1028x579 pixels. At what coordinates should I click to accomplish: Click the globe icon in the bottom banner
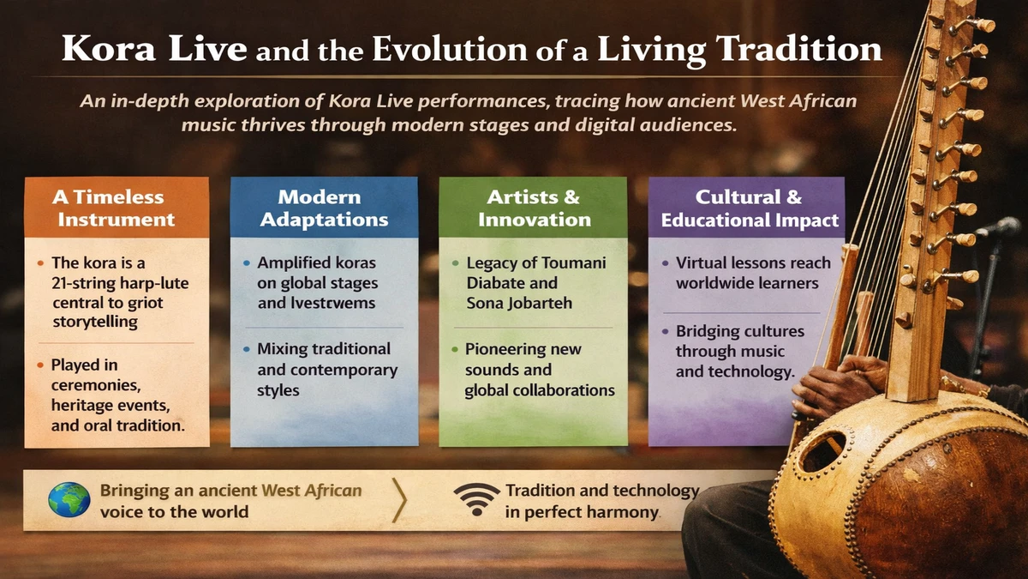[69, 501]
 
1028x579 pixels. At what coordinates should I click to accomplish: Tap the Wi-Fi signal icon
[476, 501]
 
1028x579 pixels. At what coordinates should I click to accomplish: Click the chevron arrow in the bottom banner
[399, 501]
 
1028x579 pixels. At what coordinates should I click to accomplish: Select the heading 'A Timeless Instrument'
[117, 208]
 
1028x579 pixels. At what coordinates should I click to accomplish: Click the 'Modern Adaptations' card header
[324, 208]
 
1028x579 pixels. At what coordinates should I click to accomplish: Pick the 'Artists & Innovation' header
[534, 208]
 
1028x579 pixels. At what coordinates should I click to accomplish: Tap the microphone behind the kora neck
[998, 226]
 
